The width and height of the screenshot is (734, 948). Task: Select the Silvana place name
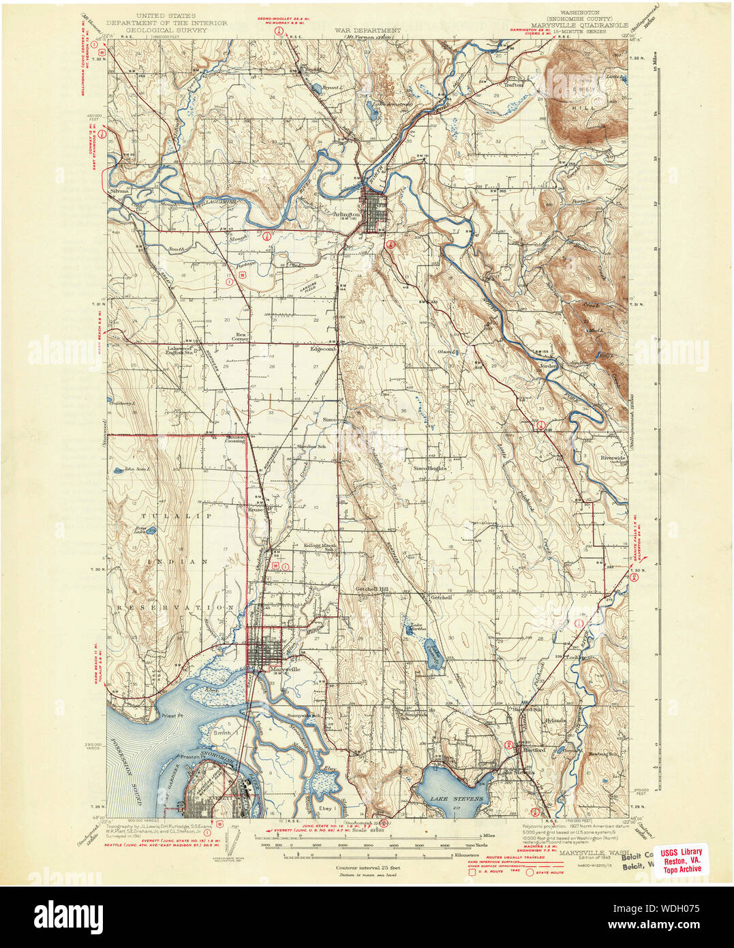tap(119, 192)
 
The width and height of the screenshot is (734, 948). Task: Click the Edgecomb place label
tap(324, 349)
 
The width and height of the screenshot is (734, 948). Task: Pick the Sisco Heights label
tap(429, 469)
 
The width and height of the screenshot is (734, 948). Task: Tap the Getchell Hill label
tap(371, 589)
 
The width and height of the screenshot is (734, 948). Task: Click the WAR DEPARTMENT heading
tap(367, 31)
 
